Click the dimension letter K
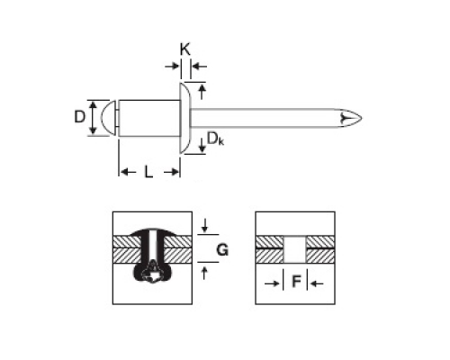click(x=185, y=49)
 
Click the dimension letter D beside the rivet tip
click(x=79, y=117)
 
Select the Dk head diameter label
click(x=215, y=139)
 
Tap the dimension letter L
click(x=148, y=172)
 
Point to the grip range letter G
click(x=222, y=249)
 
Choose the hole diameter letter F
click(x=296, y=282)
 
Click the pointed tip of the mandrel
click(x=362, y=118)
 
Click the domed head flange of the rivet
click(x=185, y=118)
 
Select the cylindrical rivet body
click(x=149, y=118)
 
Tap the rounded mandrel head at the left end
click(x=109, y=118)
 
